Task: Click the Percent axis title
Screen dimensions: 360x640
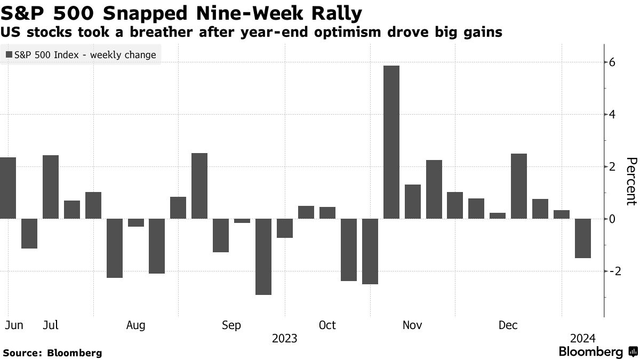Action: [x=631, y=181]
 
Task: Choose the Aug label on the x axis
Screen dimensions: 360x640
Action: [x=136, y=325]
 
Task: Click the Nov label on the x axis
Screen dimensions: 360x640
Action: [x=413, y=325]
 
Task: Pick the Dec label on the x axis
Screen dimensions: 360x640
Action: [x=508, y=325]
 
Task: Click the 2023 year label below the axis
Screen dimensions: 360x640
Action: [x=285, y=339]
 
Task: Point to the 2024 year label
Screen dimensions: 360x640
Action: [x=583, y=339]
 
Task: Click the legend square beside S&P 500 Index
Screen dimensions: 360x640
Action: [x=9, y=55]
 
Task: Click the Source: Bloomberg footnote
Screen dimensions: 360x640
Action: [x=52, y=353]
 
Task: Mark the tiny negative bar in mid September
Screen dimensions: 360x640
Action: [x=242, y=221]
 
